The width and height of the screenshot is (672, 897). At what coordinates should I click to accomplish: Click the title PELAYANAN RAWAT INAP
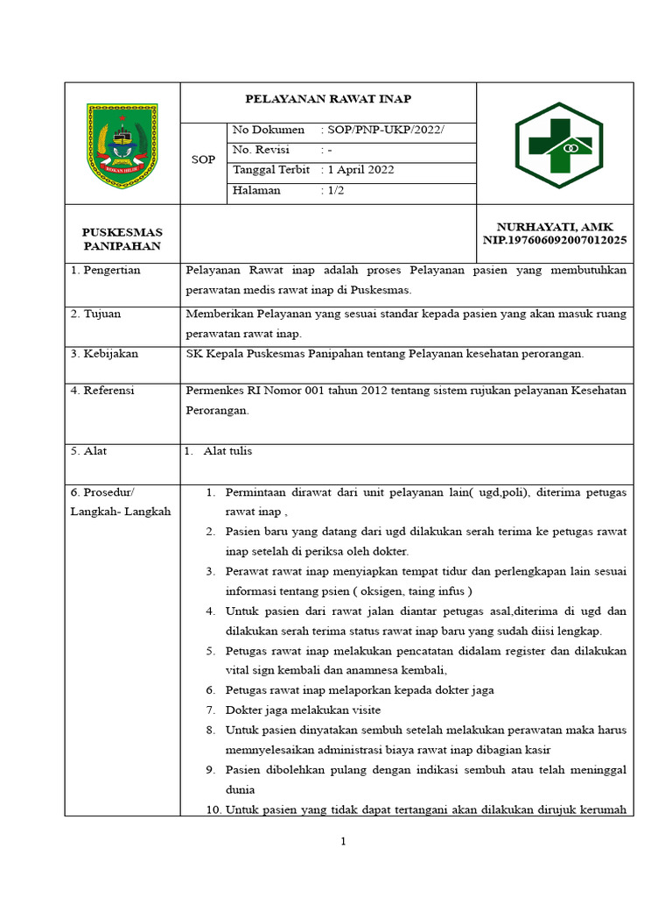(x=328, y=99)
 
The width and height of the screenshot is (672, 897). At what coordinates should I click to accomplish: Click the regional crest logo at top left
(x=122, y=143)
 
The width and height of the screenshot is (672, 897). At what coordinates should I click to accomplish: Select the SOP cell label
(x=203, y=160)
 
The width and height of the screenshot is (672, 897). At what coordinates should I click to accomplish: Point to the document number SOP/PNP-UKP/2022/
(x=385, y=131)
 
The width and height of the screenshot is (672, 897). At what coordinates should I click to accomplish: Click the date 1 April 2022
(x=360, y=170)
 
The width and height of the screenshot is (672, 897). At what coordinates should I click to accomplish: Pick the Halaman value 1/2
(x=335, y=190)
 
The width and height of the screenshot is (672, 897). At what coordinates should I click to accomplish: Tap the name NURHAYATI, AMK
(x=555, y=227)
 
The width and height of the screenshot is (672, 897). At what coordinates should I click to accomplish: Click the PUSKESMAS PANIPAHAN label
(x=122, y=239)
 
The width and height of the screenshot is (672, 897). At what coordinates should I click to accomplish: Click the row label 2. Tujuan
(x=96, y=314)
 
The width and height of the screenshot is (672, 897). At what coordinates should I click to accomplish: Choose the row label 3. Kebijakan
(x=104, y=354)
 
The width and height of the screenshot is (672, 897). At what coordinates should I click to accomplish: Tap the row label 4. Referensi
(x=103, y=391)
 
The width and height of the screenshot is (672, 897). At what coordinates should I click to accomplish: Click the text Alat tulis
(x=227, y=451)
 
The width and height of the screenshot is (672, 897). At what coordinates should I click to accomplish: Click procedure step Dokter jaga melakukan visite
(x=303, y=710)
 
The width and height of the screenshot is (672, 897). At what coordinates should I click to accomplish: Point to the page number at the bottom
(x=344, y=842)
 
